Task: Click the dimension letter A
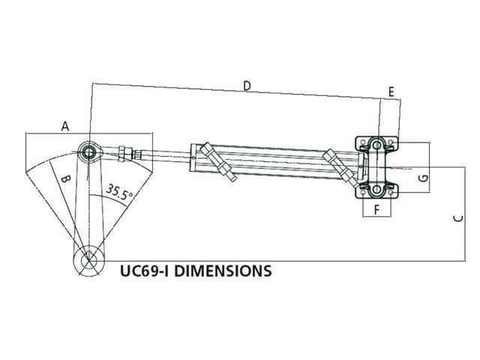pos(65,126)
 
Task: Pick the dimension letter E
pos(391,91)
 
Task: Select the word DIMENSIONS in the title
pos(229,270)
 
